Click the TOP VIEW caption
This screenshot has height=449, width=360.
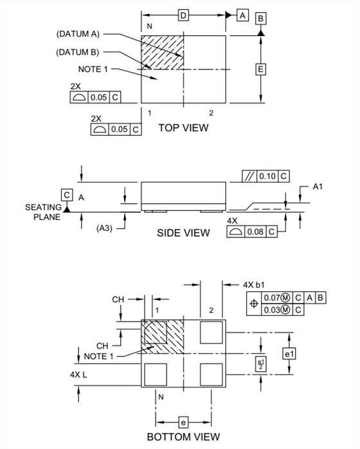point(183,128)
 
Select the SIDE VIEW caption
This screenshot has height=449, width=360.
point(183,233)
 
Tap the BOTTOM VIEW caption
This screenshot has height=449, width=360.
point(183,437)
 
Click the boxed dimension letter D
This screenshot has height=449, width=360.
point(183,15)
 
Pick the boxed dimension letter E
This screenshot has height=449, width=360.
point(260,69)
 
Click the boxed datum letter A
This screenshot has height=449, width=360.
point(242,15)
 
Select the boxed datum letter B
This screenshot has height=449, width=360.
point(260,18)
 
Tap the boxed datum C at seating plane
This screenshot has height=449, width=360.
point(67,195)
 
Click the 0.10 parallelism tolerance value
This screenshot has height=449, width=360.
point(267,176)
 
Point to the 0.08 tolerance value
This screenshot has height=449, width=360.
point(255,232)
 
